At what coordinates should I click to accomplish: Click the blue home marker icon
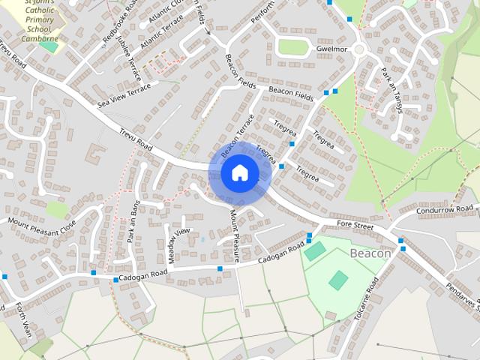(239, 172)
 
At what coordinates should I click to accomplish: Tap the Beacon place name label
(370, 253)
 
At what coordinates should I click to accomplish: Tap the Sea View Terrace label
(124, 94)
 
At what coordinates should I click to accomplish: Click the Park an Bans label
(133, 221)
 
